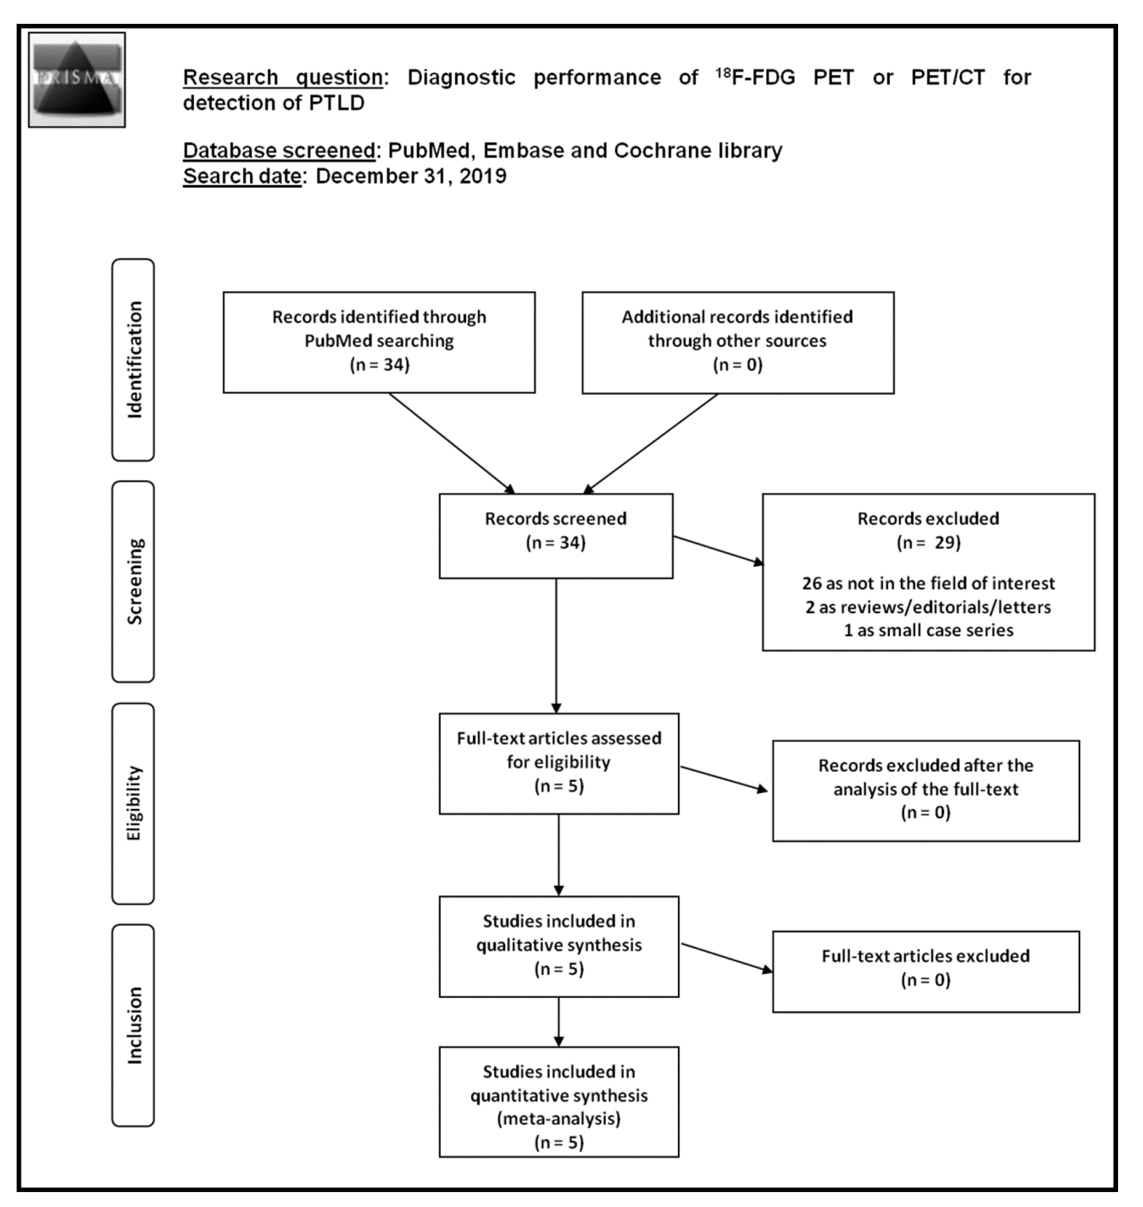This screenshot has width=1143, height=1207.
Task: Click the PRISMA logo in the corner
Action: pyautogui.click(x=76, y=79)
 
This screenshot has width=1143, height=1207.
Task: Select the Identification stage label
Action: pyautogui.click(x=133, y=359)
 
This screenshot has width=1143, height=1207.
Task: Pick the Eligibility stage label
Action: pyautogui.click(x=133, y=803)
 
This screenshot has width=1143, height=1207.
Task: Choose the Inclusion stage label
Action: pyautogui.click(x=133, y=1026)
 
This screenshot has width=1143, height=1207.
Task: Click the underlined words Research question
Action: pyautogui.click(x=283, y=78)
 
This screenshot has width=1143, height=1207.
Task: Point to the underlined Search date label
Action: pyautogui.click(x=242, y=176)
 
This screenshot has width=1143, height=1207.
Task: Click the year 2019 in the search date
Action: pyautogui.click(x=483, y=176)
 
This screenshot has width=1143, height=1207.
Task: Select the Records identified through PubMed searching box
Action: pyautogui.click(x=379, y=342)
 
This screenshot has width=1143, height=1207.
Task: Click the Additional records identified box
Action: pyautogui.click(x=737, y=342)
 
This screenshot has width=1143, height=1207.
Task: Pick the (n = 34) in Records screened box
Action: pyautogui.click(x=555, y=542)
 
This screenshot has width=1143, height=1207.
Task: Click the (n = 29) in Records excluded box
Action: pyautogui.click(x=928, y=542)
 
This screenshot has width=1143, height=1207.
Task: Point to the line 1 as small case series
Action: pyautogui.click(x=928, y=630)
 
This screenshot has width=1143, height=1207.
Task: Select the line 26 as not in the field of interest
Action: pyautogui.click(x=928, y=583)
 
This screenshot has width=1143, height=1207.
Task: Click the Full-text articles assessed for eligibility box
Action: pyautogui.click(x=559, y=763)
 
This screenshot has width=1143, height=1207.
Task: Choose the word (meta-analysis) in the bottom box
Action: pyautogui.click(x=559, y=1119)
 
